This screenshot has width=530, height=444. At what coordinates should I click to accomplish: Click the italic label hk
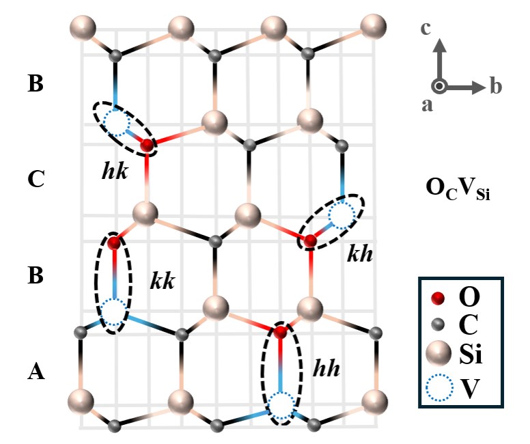tap(115, 171)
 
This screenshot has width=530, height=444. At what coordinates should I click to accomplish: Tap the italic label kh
tap(360, 253)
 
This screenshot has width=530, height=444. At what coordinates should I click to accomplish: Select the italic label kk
tap(163, 281)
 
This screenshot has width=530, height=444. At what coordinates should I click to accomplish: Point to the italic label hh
tap(326, 368)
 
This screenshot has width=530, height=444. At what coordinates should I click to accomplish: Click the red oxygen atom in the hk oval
tap(147, 145)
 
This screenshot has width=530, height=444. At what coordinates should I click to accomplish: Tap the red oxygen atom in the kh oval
tap(310, 241)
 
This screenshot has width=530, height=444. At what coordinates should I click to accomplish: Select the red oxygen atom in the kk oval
tap(114, 242)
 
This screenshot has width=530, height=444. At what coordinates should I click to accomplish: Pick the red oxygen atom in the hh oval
tap(280, 332)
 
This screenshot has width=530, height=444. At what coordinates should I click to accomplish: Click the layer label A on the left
tap(36, 371)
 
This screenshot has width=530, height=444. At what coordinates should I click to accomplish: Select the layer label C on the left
tap(36, 179)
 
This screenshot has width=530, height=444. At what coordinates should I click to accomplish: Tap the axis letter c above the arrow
tap(426, 28)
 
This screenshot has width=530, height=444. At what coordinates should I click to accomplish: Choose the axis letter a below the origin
tap(427, 105)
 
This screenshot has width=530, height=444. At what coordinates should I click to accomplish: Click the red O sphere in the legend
tap(438, 298)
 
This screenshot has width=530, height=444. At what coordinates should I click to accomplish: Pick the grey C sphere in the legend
tap(438, 324)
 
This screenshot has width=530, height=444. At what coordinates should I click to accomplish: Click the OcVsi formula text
tap(458, 189)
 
